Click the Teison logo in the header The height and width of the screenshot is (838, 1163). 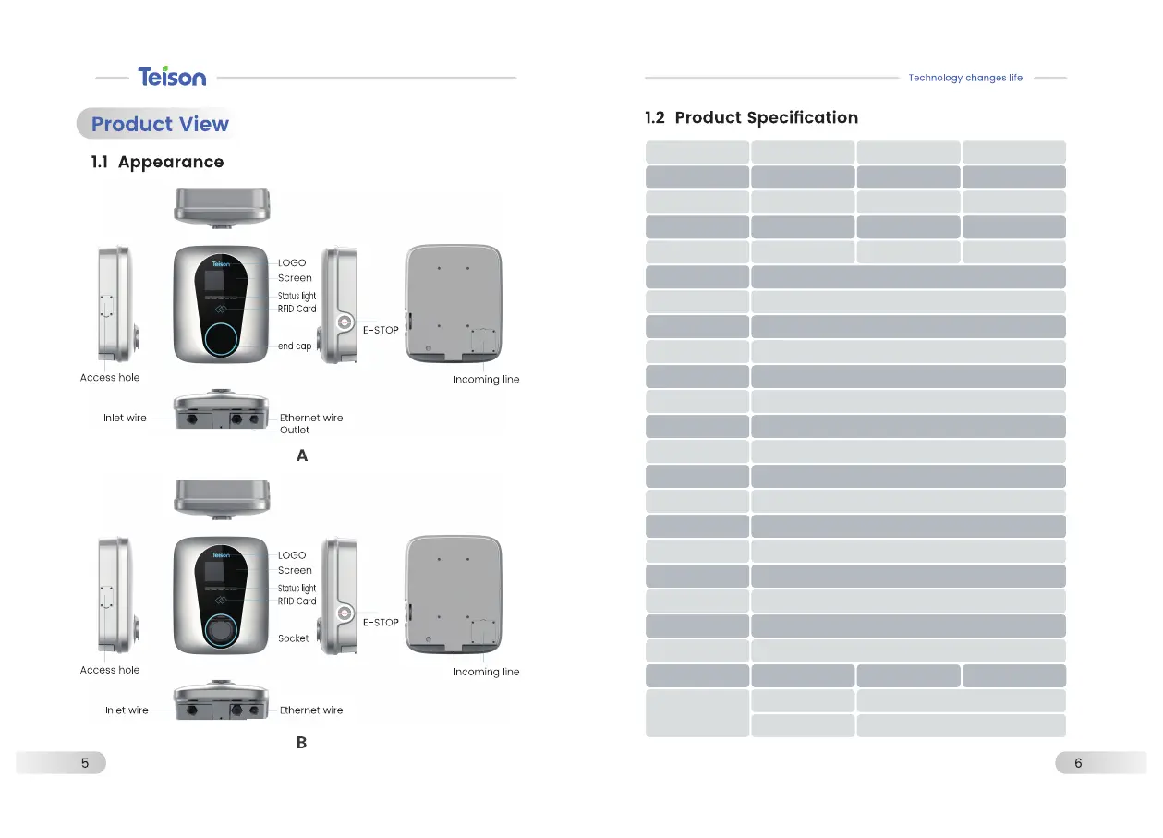click(x=172, y=77)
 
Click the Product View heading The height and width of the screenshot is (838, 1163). click(x=160, y=125)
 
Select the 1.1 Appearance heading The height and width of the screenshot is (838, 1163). click(x=157, y=163)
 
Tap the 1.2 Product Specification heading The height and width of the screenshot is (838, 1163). click(x=751, y=118)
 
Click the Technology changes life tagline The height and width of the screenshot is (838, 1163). click(x=965, y=79)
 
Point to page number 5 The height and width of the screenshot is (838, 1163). click(x=85, y=763)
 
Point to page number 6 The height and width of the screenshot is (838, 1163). click(x=1078, y=763)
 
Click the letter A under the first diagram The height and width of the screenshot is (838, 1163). click(x=302, y=456)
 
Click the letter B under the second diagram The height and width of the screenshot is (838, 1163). click(x=302, y=743)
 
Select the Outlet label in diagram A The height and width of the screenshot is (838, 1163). click(x=295, y=431)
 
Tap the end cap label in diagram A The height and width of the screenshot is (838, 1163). click(x=296, y=346)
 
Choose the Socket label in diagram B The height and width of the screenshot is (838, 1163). click(x=294, y=638)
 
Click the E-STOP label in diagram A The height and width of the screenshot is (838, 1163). click(x=381, y=331)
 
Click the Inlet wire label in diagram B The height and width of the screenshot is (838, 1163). click(x=127, y=710)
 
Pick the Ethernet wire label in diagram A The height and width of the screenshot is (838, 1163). click(x=311, y=419)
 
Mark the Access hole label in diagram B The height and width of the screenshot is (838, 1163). click(x=110, y=670)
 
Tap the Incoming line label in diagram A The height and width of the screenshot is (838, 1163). click(x=486, y=380)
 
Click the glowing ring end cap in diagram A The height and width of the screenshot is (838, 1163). click(x=221, y=339)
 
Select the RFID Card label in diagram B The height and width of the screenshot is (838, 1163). click(x=297, y=601)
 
